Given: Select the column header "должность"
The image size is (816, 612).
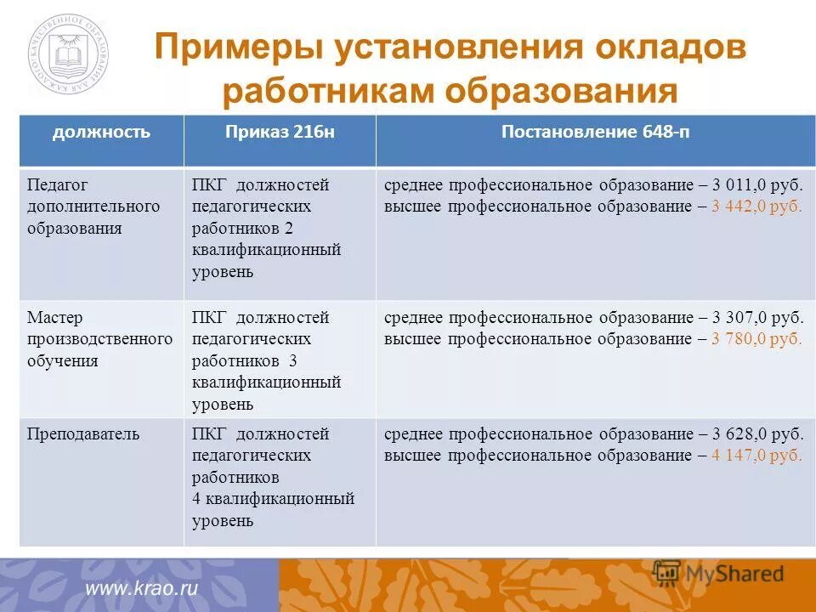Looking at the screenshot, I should coord(101,132).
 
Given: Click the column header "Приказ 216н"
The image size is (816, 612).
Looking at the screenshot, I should coord(280,132).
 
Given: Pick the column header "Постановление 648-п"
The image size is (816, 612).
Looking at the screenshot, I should coord(594,132).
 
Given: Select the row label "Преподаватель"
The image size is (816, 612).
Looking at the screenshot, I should coord(82,434).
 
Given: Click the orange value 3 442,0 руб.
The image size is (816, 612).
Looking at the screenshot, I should coord(756,207).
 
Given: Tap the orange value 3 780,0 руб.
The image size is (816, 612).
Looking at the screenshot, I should coord(756,339).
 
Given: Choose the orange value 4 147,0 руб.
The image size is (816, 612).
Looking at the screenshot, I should coord(756,455).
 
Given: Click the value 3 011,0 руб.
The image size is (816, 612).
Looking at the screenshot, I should coord(756,185).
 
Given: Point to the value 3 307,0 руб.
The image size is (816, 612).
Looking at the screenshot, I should coord(756,318).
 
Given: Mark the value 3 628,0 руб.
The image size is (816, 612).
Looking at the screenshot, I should coord(756,434).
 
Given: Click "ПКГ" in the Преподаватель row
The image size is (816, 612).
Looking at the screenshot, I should coord(208,434).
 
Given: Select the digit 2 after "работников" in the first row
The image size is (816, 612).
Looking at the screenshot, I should coord(288,229).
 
